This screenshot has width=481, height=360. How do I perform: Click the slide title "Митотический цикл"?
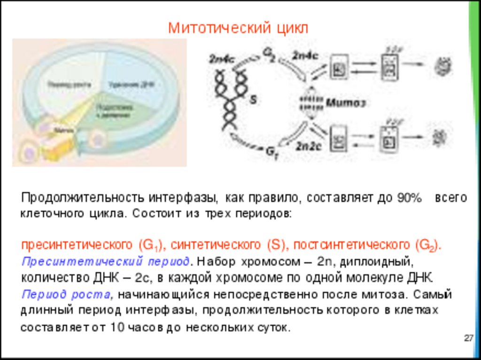(239, 28)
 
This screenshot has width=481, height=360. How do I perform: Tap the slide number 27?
(468, 338)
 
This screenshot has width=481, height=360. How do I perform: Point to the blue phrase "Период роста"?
(66, 295)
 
